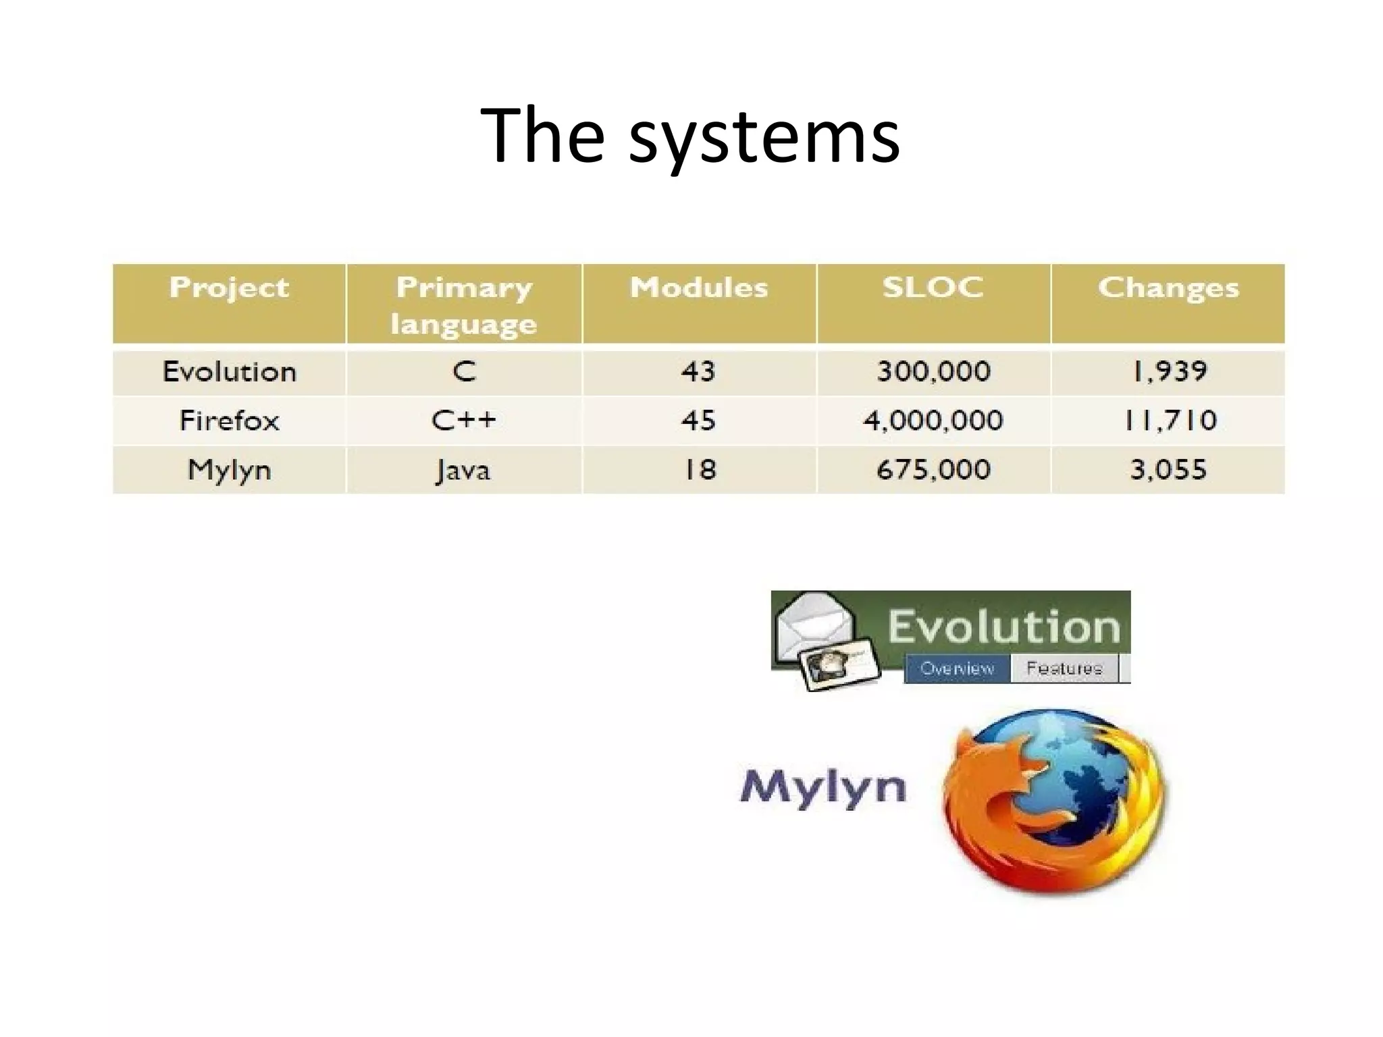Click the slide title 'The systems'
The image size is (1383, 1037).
click(690, 137)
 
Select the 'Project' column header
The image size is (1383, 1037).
click(229, 288)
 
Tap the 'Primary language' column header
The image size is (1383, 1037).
click(464, 305)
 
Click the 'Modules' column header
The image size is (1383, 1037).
click(699, 288)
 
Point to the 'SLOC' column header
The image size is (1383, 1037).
click(933, 288)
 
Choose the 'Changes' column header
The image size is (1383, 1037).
click(1168, 288)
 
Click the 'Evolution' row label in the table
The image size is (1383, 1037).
click(229, 372)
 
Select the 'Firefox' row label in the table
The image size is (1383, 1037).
click(229, 421)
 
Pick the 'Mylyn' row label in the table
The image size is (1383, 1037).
click(229, 470)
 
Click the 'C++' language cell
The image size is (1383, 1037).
click(464, 421)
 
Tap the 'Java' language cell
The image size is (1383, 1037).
click(464, 470)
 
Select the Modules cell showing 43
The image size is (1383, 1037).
click(698, 372)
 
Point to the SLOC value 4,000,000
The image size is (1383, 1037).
click(933, 421)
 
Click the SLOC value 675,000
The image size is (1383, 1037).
click(933, 470)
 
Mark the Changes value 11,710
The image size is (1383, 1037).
click(1170, 421)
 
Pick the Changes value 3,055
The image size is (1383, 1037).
click(1168, 470)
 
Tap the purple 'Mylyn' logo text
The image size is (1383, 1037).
click(823, 787)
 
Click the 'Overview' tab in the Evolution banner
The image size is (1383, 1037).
click(957, 668)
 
